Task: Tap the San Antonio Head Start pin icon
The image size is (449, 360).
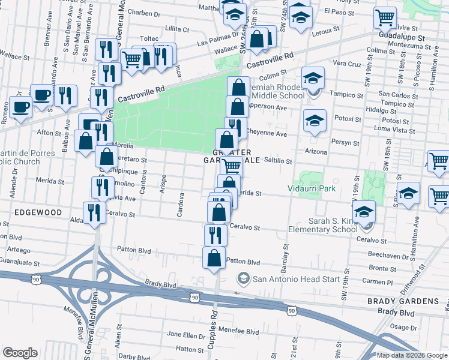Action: click(x=243, y=278)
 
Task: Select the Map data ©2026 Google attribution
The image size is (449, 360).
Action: click(x=412, y=355)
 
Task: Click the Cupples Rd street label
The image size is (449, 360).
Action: click(x=212, y=333)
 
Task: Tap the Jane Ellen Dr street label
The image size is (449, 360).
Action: click(x=187, y=334)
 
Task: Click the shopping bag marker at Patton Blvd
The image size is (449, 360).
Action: click(x=214, y=259)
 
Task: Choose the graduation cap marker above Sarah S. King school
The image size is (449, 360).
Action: click(x=363, y=213)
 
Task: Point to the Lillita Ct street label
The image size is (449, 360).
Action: click(x=177, y=29)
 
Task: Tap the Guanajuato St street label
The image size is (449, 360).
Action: click(x=20, y=263)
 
